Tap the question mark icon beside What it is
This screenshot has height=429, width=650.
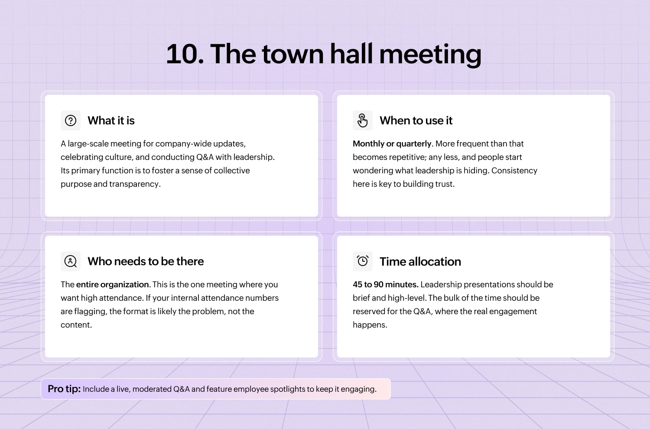(x=71, y=120)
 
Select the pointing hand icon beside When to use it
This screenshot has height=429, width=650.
(x=362, y=120)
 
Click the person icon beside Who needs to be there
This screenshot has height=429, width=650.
(x=71, y=261)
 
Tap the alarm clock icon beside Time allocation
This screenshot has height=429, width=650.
(x=362, y=261)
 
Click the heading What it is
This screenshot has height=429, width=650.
(x=111, y=120)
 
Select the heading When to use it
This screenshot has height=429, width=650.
(x=416, y=120)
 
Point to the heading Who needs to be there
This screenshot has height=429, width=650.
(x=146, y=261)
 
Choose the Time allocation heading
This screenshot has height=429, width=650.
(x=420, y=262)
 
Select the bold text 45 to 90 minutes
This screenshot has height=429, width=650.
(x=386, y=284)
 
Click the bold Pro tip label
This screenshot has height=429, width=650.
(x=64, y=389)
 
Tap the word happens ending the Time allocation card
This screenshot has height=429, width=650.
(x=370, y=325)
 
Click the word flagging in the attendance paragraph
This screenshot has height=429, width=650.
(x=91, y=312)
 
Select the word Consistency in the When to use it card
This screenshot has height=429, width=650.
(x=514, y=171)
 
